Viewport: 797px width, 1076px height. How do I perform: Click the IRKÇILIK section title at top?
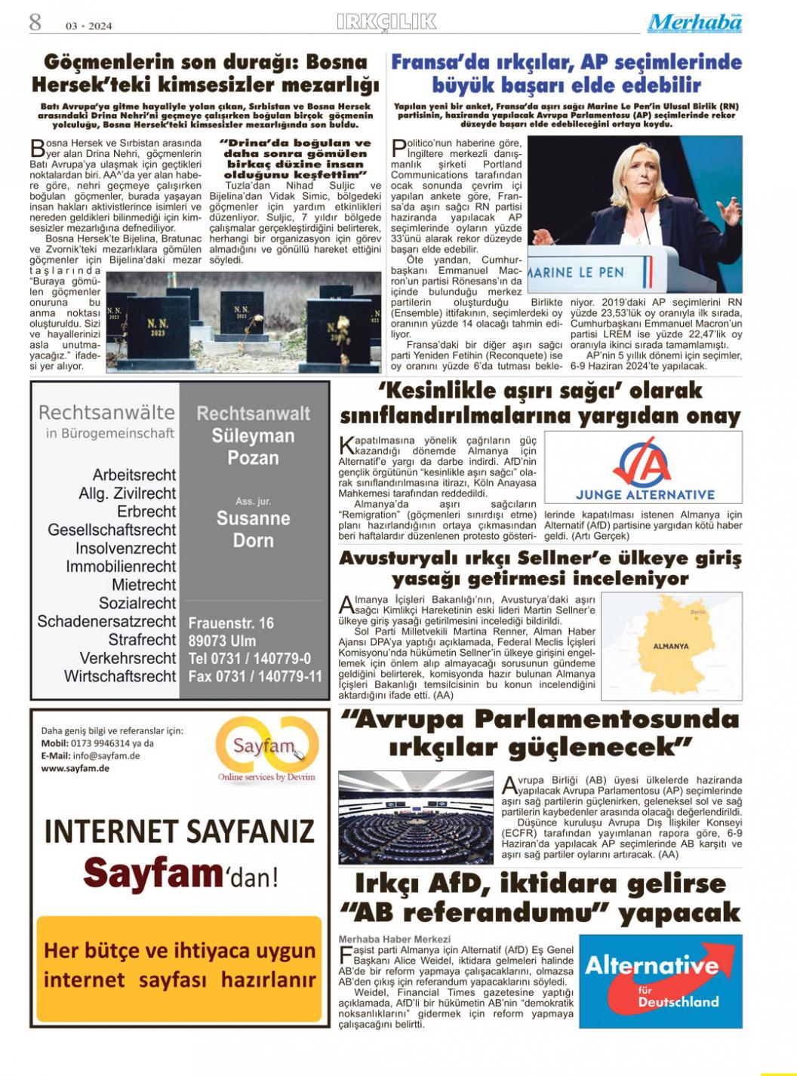pyautogui.click(x=386, y=22)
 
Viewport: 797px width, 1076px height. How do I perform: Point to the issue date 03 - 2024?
pyautogui.click(x=89, y=26)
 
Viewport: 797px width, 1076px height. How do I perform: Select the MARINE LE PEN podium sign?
pyautogui.click(x=577, y=272)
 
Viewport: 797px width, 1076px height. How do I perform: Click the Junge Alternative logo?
pyautogui.click(x=643, y=468)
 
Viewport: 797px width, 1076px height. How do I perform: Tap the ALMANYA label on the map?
pyautogui.click(x=670, y=647)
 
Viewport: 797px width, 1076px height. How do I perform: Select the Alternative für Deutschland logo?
pyautogui.click(x=651, y=981)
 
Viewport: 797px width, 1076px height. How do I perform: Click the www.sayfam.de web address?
pyautogui.click(x=75, y=768)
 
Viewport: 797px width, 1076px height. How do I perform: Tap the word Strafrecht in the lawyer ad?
pyautogui.click(x=142, y=640)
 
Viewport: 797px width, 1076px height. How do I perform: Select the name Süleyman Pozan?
pyautogui.click(x=253, y=447)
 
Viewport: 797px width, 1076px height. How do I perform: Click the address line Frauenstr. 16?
pyautogui.click(x=231, y=623)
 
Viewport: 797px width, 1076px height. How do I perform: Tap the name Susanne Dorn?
pyautogui.click(x=253, y=529)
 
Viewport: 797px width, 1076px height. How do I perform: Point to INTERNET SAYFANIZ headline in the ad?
pyautogui.click(x=179, y=831)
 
